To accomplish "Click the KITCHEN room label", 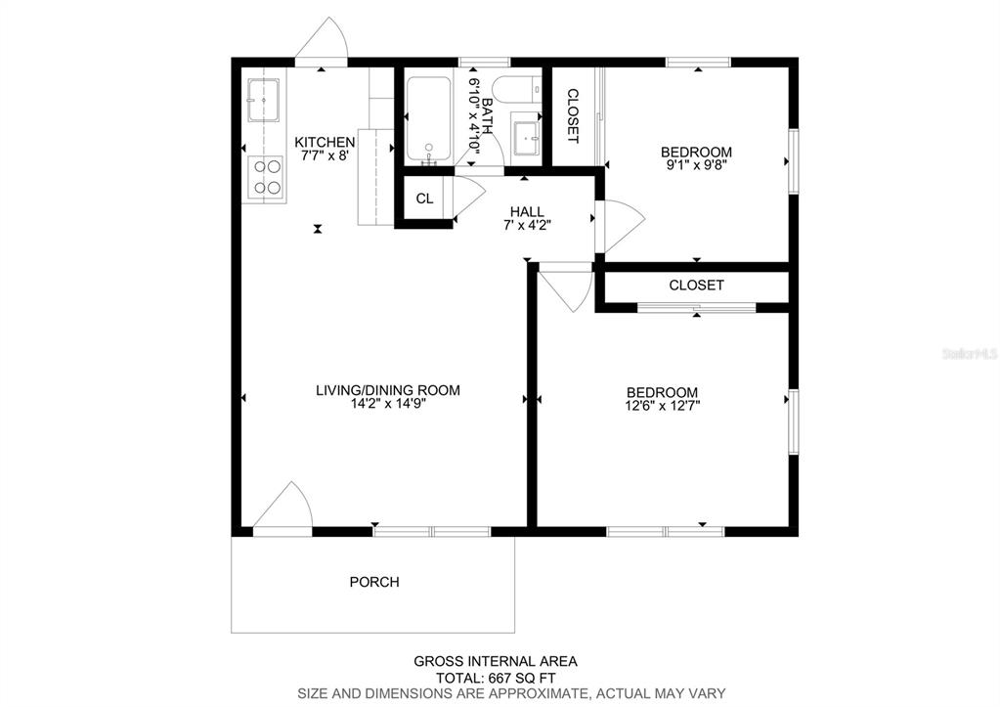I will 325,142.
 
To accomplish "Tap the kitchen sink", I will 264,99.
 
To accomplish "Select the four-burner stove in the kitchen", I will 266,176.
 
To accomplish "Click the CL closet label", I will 424,199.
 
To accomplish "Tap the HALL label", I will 527,211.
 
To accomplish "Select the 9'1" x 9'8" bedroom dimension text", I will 696,165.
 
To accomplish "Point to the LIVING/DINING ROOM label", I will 387,390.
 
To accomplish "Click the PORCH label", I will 374,582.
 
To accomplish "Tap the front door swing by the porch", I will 284,508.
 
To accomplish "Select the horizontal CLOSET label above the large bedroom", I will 696,286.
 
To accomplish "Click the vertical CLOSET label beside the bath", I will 573,116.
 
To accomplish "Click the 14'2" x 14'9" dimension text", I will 387,403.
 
